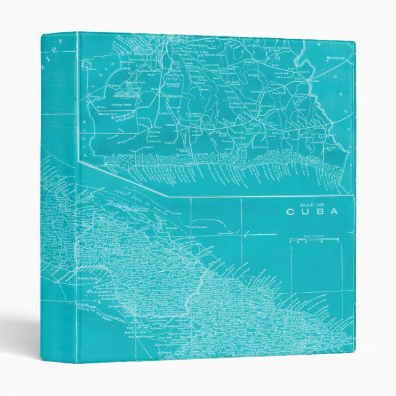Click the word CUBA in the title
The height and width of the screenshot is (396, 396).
pos(312,212)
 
